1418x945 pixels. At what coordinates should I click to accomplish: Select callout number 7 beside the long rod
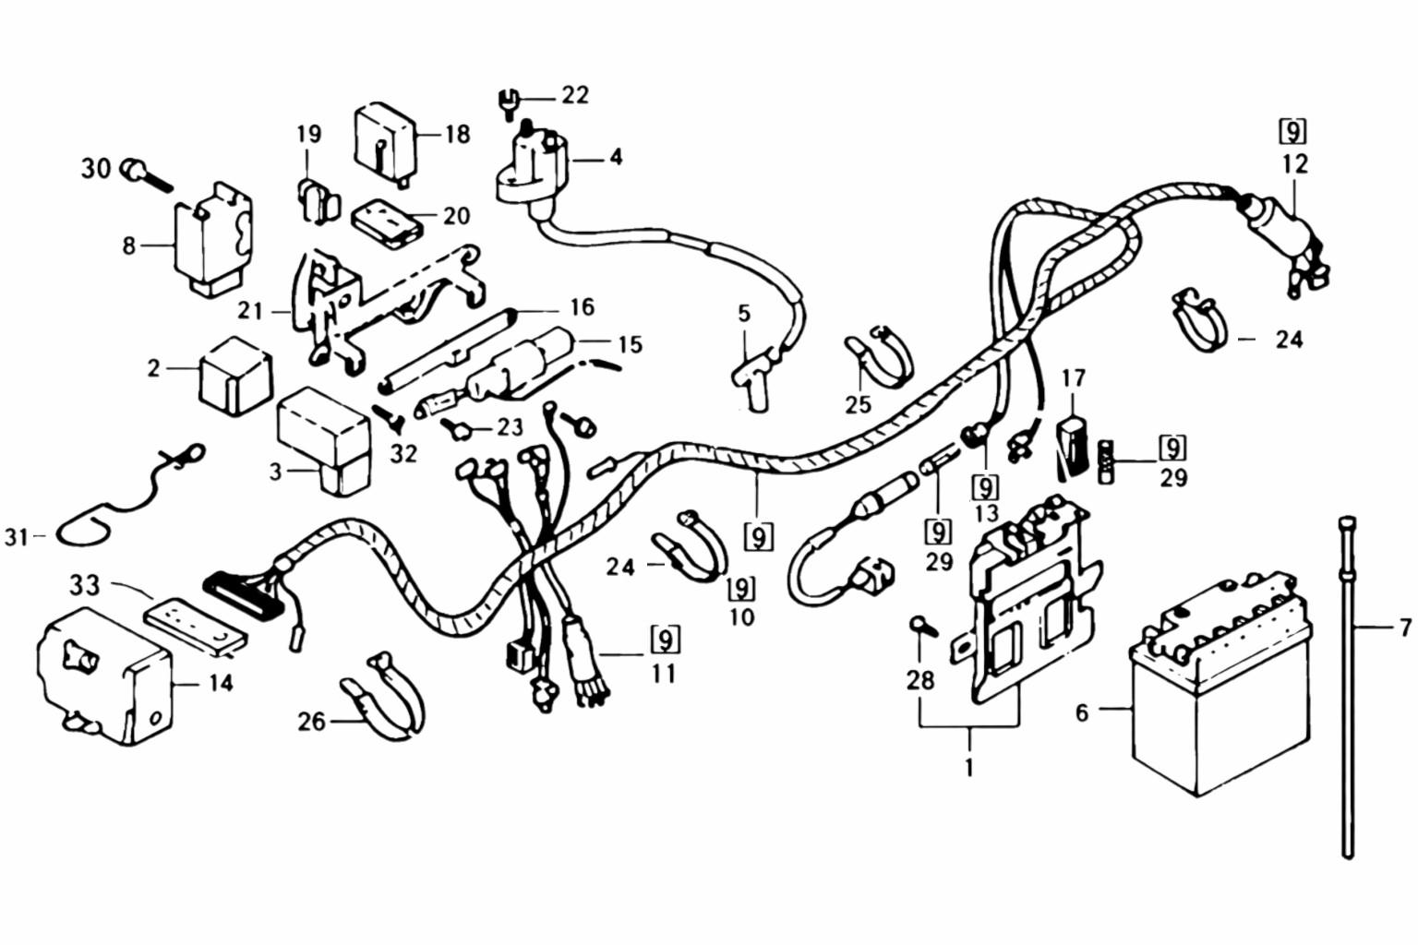[x=1404, y=628]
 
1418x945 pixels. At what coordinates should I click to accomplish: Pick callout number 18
[x=458, y=134]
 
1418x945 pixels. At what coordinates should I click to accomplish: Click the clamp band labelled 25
[x=877, y=355]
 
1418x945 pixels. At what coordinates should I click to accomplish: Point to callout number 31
[x=16, y=535]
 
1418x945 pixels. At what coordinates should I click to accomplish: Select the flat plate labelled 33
[x=198, y=628]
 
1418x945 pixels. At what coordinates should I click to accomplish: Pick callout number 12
[x=1295, y=164]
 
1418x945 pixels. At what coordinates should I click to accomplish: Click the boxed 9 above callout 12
[x=1294, y=132]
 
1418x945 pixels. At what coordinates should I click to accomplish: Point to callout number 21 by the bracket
[x=250, y=311]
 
